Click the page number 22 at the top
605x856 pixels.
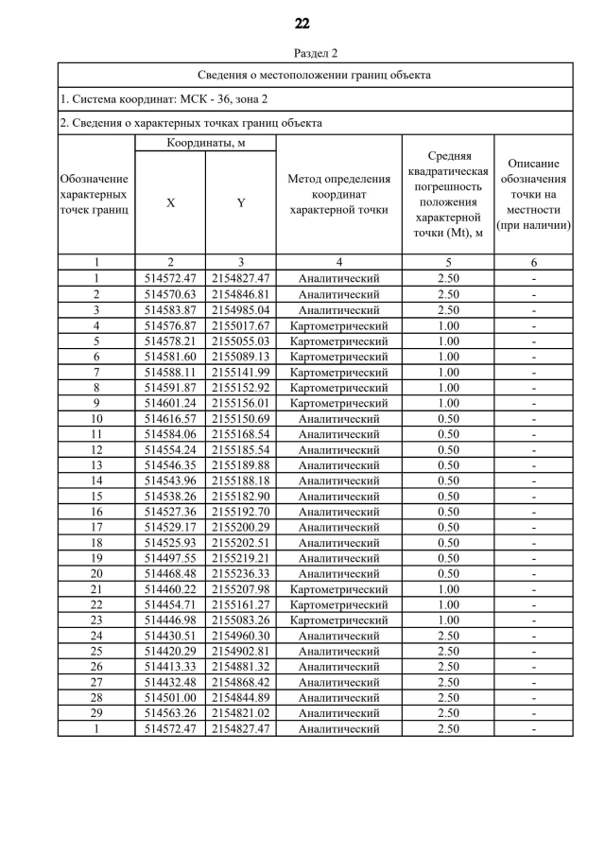tap(302, 23)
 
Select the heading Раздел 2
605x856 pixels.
tap(302, 53)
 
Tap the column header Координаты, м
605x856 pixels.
tap(205, 143)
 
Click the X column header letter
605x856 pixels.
tap(170, 202)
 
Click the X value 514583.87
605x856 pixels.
tap(170, 309)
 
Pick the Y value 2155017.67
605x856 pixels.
tap(240, 325)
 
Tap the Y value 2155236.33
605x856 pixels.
tap(240, 573)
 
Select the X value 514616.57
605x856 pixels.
tap(170, 418)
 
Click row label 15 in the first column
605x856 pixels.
tap(95, 496)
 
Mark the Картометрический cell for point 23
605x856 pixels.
tap(338, 620)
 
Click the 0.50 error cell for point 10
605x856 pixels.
tap(448, 418)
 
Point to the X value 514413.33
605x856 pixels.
tap(170, 666)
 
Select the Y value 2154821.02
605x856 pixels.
tap(240, 712)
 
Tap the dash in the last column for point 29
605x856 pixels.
tap(534, 712)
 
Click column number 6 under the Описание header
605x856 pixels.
tap(534, 263)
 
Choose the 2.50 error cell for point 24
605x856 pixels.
tap(448, 635)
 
